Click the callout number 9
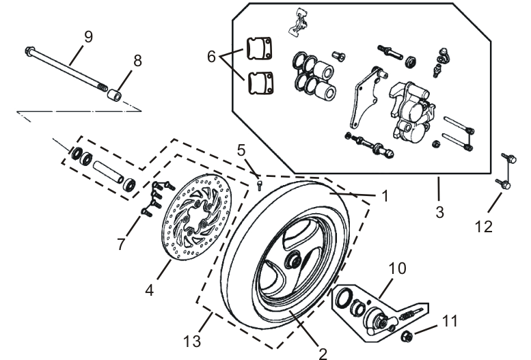tap(87, 37)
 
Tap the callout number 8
tap(138, 60)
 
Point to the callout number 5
tap(241, 150)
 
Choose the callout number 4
tap(149, 289)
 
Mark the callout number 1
tap(384, 196)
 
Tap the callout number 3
tap(440, 212)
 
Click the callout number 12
tap(483, 226)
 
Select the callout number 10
tap(396, 268)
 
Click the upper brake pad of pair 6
tap(260, 49)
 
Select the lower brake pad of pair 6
tap(260, 83)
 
